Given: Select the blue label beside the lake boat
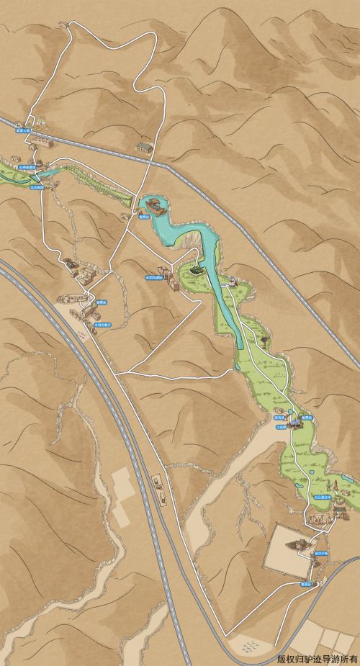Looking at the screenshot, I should coord(143,215).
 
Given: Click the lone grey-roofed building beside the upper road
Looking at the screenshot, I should coord(146,148).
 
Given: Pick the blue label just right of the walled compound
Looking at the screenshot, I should coord(320,553).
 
